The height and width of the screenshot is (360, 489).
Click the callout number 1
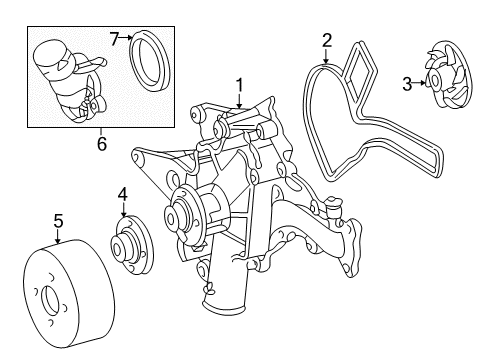pos(240,85)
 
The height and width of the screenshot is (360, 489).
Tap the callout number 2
pos(327,40)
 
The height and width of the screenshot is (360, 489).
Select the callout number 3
pos(407,84)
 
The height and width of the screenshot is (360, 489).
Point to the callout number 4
pos(123,194)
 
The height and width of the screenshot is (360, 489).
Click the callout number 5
pos(58,221)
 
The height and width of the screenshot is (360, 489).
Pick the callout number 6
pos(101,144)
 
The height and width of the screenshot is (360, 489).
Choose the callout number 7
pos(114,39)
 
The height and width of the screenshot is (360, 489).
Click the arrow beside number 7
pos(126,38)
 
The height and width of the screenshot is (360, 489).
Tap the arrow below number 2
pos(326,55)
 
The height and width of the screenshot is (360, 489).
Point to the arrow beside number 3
pos(419,82)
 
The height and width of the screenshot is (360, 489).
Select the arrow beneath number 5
pos(58,236)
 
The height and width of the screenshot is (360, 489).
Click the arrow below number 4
pos(123,210)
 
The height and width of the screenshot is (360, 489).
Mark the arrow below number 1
pos(239,101)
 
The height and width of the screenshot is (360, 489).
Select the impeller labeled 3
pos(447,75)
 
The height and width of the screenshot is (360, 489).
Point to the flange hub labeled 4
pos(131,245)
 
